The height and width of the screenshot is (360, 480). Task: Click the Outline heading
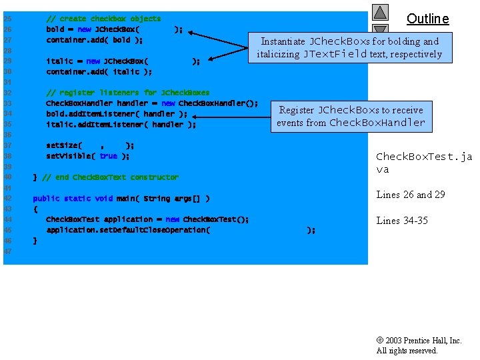point(427,19)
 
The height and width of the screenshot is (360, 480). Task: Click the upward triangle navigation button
point(380,13)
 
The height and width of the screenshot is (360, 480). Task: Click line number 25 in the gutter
point(8,19)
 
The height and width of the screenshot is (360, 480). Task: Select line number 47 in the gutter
point(8,251)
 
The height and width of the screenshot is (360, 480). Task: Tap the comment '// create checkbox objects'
point(103,19)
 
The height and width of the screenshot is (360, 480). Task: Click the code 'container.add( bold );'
point(94,40)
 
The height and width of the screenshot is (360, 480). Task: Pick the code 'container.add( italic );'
point(99,71)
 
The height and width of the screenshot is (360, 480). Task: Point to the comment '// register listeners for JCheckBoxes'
point(127,93)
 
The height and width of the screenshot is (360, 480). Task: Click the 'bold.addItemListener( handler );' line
point(117,114)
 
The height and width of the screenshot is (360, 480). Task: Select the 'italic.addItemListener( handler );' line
point(121,124)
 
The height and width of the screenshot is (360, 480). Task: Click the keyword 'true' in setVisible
point(108,156)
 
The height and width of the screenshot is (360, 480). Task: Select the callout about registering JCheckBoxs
point(351,116)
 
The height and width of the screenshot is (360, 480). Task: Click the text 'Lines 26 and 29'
point(411,195)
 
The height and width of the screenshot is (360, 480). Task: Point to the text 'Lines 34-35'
point(402,221)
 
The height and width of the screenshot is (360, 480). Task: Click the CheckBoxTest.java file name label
point(424,163)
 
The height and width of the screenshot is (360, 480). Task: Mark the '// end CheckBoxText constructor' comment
point(110,177)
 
